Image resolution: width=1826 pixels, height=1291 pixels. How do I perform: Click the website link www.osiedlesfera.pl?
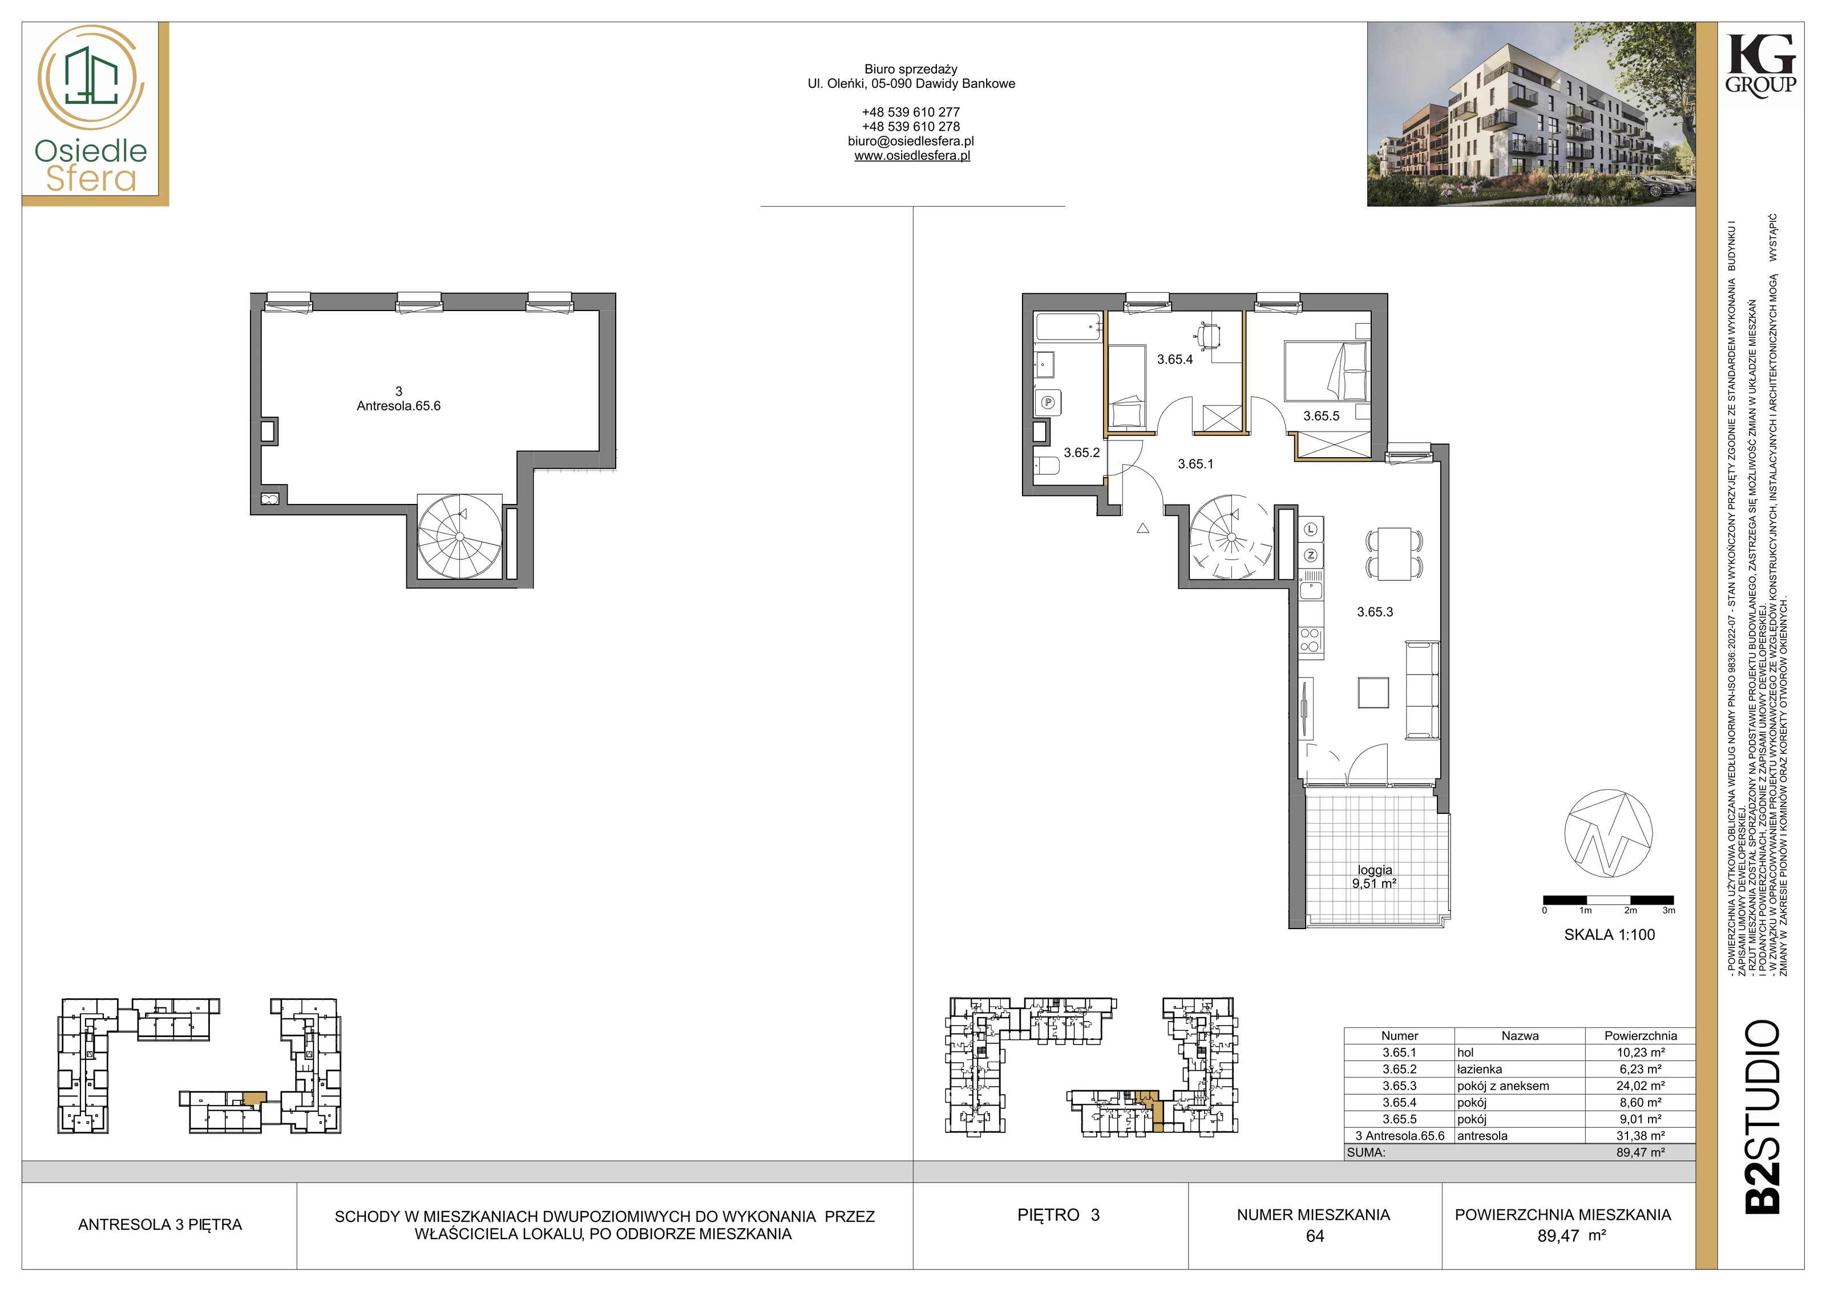pyautogui.click(x=912, y=156)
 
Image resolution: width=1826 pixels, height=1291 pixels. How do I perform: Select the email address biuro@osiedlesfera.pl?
pyautogui.click(x=911, y=141)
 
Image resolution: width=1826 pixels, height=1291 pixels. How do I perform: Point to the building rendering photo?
pyautogui.click(x=1531, y=115)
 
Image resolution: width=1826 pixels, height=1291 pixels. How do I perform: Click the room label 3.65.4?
pyautogui.click(x=1175, y=360)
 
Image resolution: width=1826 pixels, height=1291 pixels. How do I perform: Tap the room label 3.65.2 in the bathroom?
pyautogui.click(x=1081, y=453)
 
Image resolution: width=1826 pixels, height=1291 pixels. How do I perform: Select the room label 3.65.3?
pyautogui.click(x=1375, y=612)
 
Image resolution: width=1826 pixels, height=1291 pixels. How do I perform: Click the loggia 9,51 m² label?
pyautogui.click(x=1375, y=877)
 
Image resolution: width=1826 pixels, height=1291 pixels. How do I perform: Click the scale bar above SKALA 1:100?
pyautogui.click(x=1609, y=901)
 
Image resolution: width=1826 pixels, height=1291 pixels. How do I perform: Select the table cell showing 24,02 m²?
pyautogui.click(x=1640, y=1086)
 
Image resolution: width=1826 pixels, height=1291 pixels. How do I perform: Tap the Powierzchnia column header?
pyautogui.click(x=1640, y=1036)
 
